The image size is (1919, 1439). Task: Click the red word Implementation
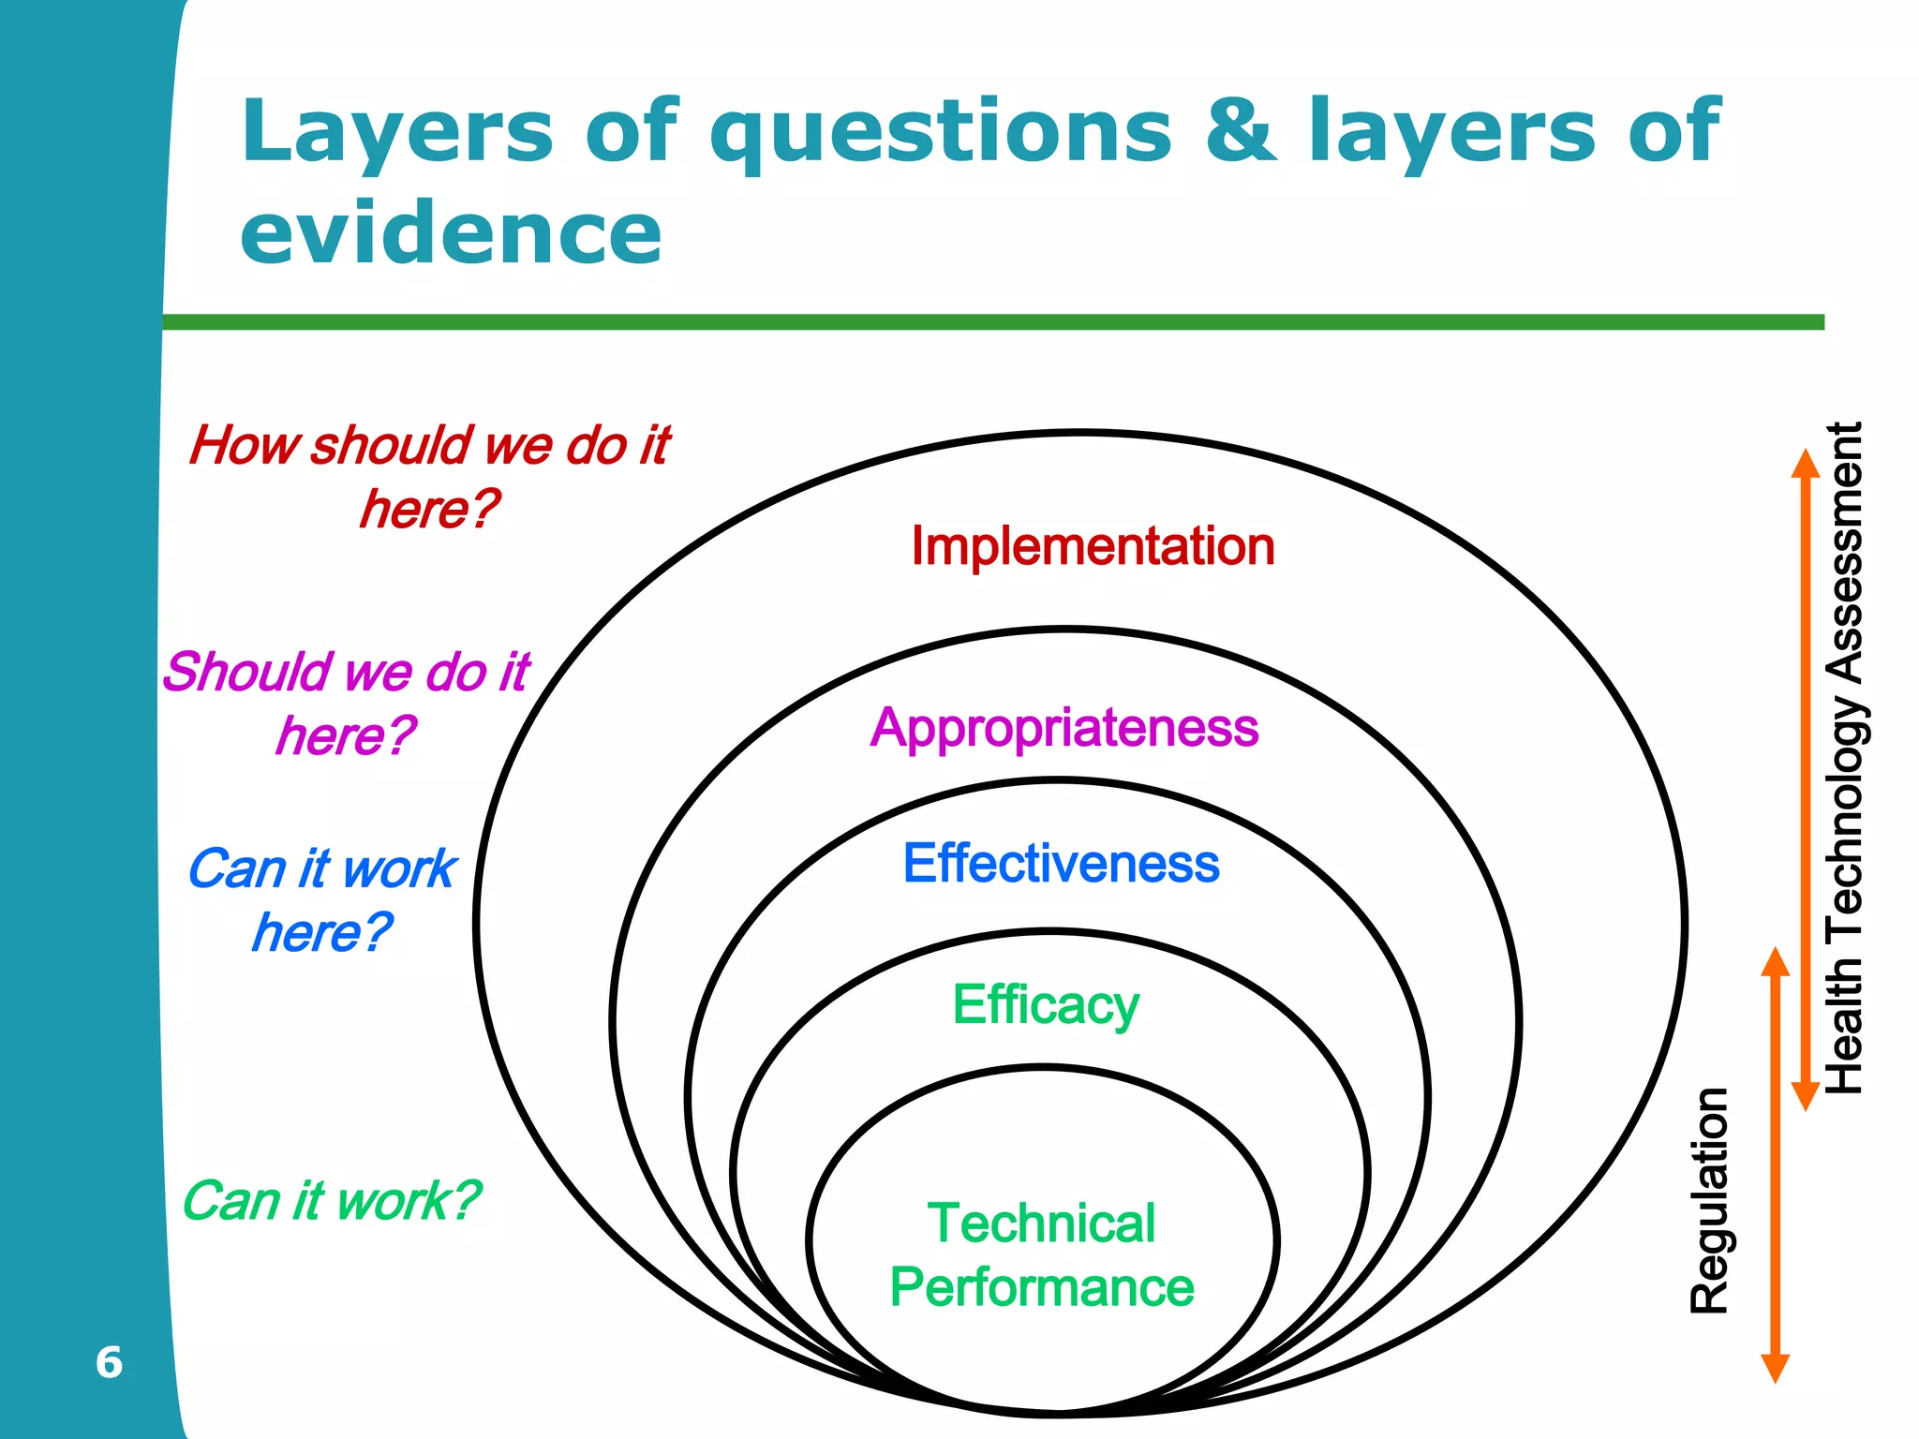[x=1093, y=546]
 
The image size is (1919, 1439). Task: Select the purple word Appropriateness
[x=1064, y=728]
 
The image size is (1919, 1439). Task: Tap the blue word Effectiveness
[x=1061, y=864]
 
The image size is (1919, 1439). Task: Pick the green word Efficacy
[x=1046, y=1005]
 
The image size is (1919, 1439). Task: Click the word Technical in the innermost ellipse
[x=1041, y=1224]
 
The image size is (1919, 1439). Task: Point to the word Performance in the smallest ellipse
[x=1041, y=1287]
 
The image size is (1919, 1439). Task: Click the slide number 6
[x=109, y=1362]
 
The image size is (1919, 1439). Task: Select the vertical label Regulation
[x=1708, y=1201]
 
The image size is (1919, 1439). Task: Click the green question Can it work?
[x=330, y=1201]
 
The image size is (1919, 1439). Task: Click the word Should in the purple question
[x=248, y=673]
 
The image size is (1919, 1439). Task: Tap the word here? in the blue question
[x=321, y=932]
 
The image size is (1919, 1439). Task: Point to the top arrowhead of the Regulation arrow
[x=1775, y=959]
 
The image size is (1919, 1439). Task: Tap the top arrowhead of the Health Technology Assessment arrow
[x=1805, y=463]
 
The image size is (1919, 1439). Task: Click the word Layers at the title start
[x=397, y=131]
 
